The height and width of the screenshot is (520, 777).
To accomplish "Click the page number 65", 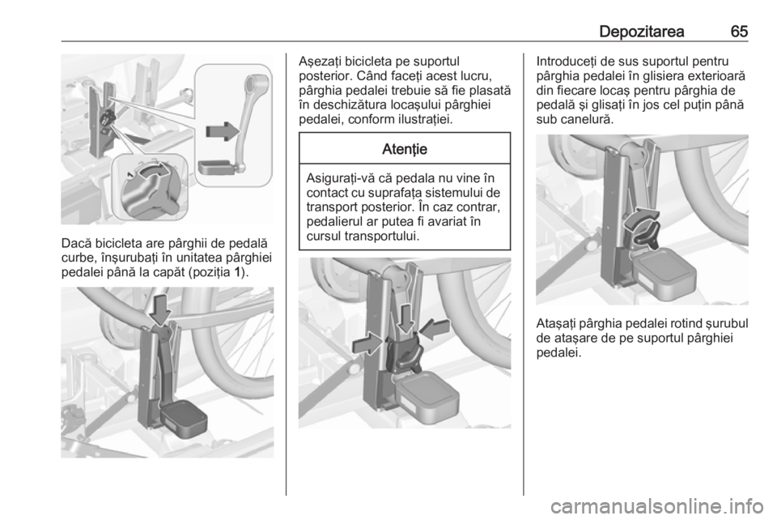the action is point(739,32).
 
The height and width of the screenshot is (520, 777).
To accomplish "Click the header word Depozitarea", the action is point(642,32).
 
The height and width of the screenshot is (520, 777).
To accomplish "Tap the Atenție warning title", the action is point(405,149).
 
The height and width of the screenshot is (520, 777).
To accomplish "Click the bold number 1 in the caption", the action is point(238,273).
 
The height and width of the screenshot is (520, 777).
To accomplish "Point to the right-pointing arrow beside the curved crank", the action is point(223,131).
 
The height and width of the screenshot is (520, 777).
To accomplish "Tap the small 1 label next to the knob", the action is point(129,174).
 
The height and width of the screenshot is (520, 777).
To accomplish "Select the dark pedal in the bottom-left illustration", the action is point(184,420).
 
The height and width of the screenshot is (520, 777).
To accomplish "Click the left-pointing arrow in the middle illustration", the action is point(434,329).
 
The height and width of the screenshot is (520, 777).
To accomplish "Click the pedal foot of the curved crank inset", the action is point(218,167).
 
